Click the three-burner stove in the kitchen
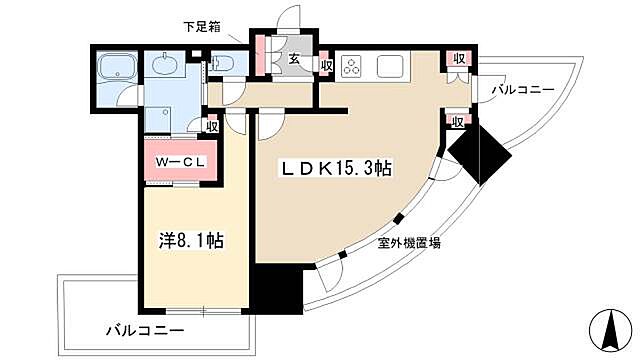coord(353,67)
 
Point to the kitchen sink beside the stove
coord(391,67)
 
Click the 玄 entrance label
coord(296,59)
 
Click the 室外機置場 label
coord(410,243)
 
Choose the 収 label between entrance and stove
coord(327,65)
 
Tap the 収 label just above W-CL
coord(212,125)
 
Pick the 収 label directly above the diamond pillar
coord(457,121)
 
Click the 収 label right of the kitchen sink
coord(457,59)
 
